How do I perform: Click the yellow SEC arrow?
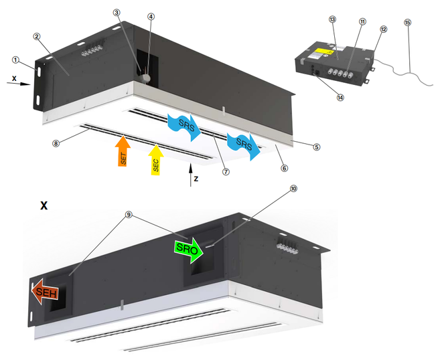[x=155, y=160]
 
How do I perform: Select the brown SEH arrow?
[x=45, y=292]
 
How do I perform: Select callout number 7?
[x=227, y=171]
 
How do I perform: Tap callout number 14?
[x=340, y=97]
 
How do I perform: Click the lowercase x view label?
[x=14, y=78]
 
